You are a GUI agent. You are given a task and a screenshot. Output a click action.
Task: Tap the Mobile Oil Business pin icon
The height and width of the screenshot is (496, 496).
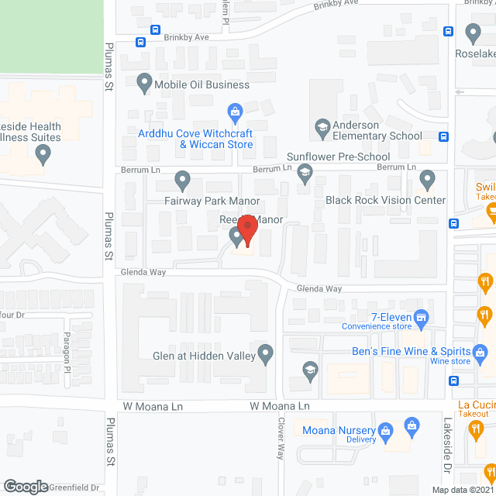coord(143,81)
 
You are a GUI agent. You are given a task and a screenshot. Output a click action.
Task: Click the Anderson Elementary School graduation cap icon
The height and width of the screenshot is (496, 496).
coord(322,127)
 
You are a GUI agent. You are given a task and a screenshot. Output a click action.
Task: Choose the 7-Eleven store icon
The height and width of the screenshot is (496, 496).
coord(422,316)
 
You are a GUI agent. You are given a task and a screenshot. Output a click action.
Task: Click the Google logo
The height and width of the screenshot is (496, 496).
coord(26,487)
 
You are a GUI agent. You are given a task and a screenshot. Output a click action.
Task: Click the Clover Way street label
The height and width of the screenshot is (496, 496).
coord(282,438)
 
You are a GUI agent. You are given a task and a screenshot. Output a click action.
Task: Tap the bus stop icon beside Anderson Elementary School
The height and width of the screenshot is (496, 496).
coord(443,137)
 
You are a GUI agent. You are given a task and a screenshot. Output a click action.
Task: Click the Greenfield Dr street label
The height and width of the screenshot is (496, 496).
coord(74,488)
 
